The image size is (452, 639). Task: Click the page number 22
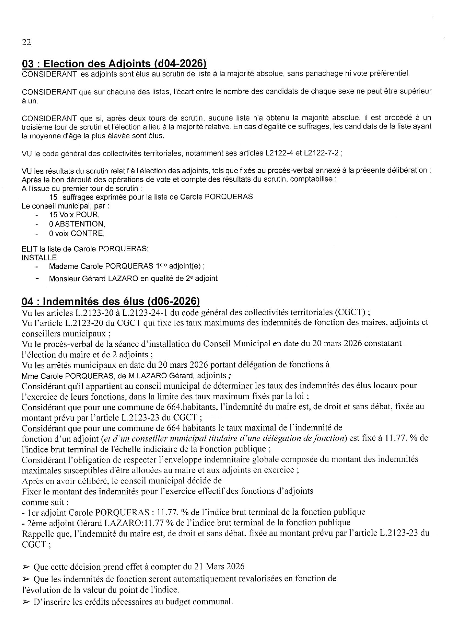click(x=26, y=42)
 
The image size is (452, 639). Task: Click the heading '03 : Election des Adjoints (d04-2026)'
click(x=114, y=64)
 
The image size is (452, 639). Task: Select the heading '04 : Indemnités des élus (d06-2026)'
click(x=111, y=301)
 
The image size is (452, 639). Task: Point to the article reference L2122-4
click(x=279, y=153)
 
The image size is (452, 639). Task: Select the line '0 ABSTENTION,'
click(x=77, y=224)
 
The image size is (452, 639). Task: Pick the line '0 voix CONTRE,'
click(x=77, y=233)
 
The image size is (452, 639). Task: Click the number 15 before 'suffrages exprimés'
click(x=54, y=197)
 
